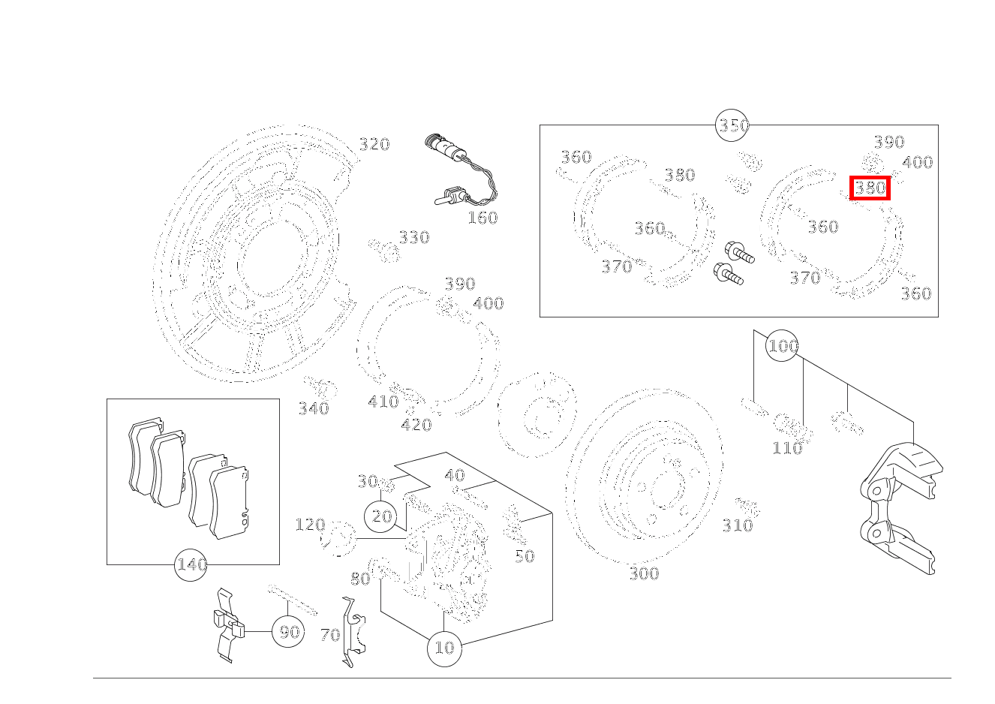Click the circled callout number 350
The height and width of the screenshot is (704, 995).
click(733, 125)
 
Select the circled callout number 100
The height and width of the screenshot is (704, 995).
click(783, 346)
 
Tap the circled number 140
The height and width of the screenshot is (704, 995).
click(191, 564)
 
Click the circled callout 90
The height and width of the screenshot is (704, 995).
click(289, 631)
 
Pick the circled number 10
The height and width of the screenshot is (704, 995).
click(444, 647)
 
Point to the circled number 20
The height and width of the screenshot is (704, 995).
click(382, 516)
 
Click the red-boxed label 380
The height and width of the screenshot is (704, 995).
click(870, 188)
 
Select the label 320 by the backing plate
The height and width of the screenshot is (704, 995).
click(374, 144)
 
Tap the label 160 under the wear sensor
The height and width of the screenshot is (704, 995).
click(482, 218)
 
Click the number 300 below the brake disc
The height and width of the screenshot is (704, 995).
click(643, 574)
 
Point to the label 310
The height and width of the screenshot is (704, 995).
click(737, 525)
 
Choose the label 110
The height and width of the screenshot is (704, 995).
click(787, 448)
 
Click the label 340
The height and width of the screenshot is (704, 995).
click(314, 408)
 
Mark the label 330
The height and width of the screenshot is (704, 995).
click(413, 237)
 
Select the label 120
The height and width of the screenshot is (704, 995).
click(309, 524)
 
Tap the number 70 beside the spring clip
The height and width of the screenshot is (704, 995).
click(330, 635)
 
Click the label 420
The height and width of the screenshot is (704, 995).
click(416, 425)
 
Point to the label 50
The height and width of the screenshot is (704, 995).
click(524, 556)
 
